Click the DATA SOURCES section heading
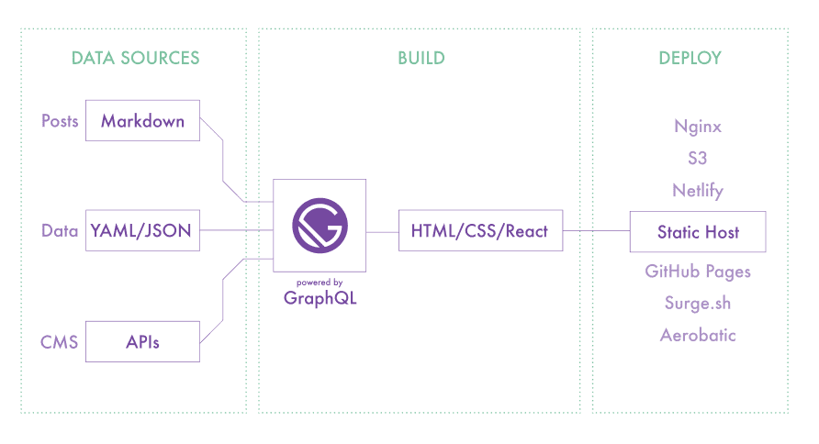coord(135,58)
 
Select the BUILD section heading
coord(421,58)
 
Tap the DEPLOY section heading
coord(690,58)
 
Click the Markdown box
coord(142,121)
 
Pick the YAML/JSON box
coord(141,231)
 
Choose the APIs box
coord(142,342)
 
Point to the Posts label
coord(60,121)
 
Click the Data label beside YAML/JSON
coord(60,231)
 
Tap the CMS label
coord(60,342)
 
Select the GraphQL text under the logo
coord(320,297)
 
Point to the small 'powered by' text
coord(320,282)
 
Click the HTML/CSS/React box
coord(479,231)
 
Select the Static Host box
coord(698,232)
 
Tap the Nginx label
coord(698,127)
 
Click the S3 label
coord(698,158)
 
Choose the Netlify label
coord(698,191)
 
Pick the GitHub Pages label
coord(698,272)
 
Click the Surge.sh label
coord(698,303)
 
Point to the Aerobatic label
coord(698,335)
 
